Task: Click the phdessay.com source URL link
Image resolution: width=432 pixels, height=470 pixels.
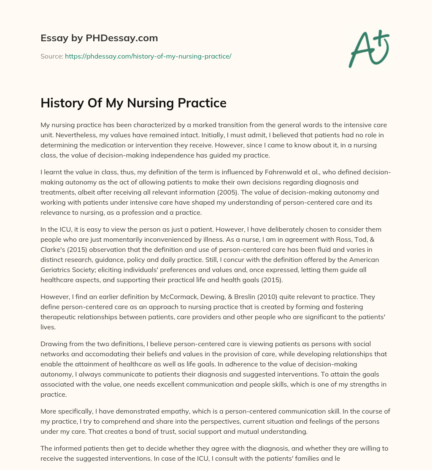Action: (148, 56)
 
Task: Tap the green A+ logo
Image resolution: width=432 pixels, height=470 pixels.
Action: (369, 49)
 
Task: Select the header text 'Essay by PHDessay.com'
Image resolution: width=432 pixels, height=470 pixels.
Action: (99, 38)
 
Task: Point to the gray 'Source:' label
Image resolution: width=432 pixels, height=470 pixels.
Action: (51, 56)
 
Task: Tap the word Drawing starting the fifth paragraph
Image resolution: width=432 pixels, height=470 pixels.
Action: (53, 344)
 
